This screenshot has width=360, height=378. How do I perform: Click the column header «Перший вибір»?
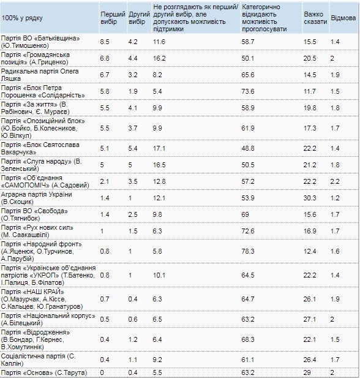pos(113,18)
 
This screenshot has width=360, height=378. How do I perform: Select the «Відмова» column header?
pos(343,18)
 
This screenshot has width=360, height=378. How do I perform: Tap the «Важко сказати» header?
pos(315,18)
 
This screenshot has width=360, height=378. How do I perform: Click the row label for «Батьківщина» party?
pos(40,42)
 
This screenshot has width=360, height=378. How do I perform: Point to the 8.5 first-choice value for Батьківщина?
pos(105,42)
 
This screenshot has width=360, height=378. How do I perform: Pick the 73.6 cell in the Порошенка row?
pos(248,91)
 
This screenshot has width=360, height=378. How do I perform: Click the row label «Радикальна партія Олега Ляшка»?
pos(40,75)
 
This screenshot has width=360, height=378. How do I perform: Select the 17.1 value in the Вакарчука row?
pos(159,148)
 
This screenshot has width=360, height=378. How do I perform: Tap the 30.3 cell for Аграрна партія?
pos(310,198)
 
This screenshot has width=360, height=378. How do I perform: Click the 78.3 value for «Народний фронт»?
pos(248,251)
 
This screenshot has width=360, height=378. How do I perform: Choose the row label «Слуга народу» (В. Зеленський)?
pos(42,165)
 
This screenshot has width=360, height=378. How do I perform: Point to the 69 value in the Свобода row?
pos(245,214)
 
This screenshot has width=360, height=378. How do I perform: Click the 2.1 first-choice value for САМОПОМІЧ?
pos(105,181)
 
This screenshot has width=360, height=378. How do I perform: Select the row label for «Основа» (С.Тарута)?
pos(44,372)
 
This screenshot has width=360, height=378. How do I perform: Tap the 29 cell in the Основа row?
pos(307,372)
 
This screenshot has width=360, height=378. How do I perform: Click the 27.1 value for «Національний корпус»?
pos(310,319)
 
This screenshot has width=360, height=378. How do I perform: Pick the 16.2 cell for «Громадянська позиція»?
pos(159,58)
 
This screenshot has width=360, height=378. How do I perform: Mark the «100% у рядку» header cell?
pos(22,18)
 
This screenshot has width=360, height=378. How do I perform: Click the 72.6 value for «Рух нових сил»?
pos(248,231)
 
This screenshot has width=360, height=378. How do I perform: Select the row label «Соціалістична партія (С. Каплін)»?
pos(39,360)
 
